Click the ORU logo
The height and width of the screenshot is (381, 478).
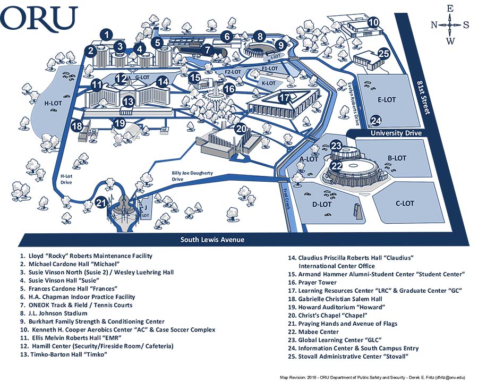point(40,20)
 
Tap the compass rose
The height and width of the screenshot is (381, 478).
point(450,24)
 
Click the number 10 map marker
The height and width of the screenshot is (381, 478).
point(374,22)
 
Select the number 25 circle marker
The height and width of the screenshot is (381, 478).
point(383,53)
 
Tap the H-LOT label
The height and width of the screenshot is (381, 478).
point(53,104)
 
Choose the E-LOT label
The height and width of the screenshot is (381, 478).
point(387,99)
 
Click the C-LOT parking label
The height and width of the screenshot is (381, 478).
point(405,204)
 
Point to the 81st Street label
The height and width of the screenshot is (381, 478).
point(423,99)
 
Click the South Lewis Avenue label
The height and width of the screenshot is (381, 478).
point(212,240)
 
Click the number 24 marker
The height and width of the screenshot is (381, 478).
point(376,120)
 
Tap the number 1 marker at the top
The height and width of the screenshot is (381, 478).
point(107,35)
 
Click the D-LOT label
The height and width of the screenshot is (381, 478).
point(322,204)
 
